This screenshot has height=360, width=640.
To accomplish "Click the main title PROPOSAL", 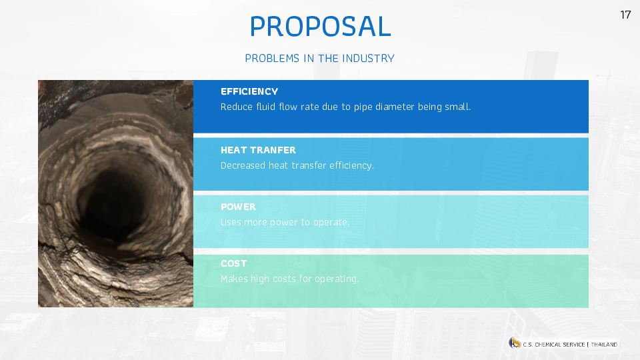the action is pos(321,27).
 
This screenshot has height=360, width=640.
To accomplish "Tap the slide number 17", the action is pos(625,15).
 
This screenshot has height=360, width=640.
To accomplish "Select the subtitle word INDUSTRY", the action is pos(368,59).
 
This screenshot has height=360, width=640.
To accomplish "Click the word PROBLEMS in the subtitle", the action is pos(272,59).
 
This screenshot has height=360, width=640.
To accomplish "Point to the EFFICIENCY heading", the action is pos(249,91).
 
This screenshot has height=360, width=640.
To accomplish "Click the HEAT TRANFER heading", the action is pos(258,150).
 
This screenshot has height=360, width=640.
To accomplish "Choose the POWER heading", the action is pos(239,207).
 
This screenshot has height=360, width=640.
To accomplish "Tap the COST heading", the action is pos(234,264).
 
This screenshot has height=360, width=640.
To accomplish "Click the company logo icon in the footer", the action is pos(515,343).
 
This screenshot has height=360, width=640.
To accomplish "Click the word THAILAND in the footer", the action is pos(604,345).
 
